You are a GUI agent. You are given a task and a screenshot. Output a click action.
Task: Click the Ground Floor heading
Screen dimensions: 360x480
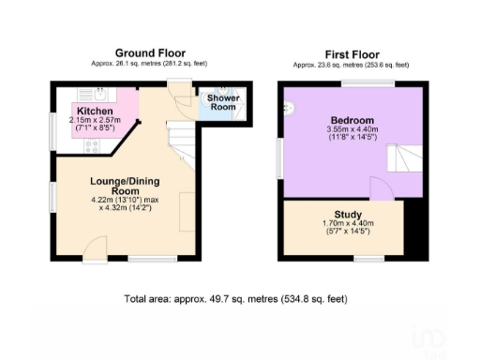click(150, 52)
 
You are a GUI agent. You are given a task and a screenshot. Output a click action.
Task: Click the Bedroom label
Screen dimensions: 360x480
click(352, 121)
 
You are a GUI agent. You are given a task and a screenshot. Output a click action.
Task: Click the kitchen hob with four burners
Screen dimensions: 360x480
click(93, 145)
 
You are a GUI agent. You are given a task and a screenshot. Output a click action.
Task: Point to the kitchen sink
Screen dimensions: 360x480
click(98, 94)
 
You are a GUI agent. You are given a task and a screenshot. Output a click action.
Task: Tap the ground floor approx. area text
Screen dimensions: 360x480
click(150, 66)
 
